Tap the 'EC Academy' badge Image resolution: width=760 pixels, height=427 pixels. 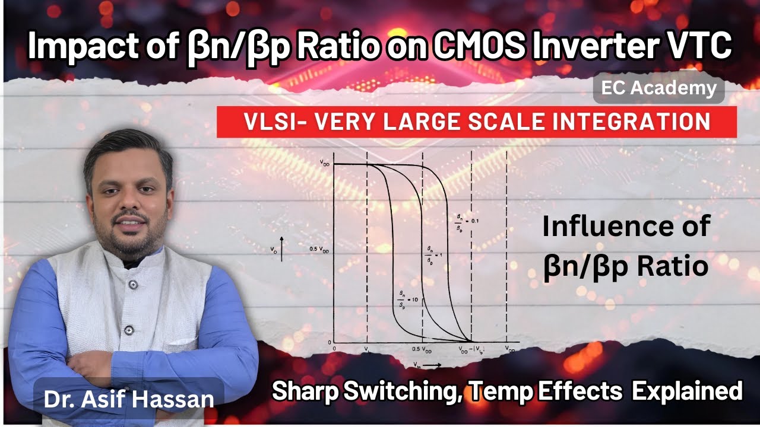(658, 89)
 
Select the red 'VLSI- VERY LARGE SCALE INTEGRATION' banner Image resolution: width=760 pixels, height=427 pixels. (476, 122)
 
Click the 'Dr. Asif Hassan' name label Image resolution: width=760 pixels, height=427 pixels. (128, 399)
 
